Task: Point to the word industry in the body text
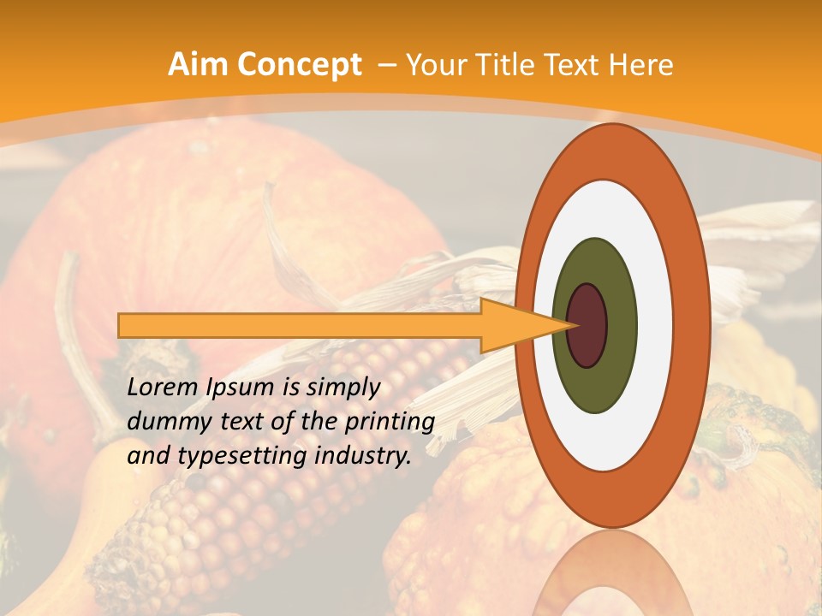[x=361, y=456]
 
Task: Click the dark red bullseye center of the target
[x=587, y=326]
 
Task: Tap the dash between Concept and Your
[x=385, y=66]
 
